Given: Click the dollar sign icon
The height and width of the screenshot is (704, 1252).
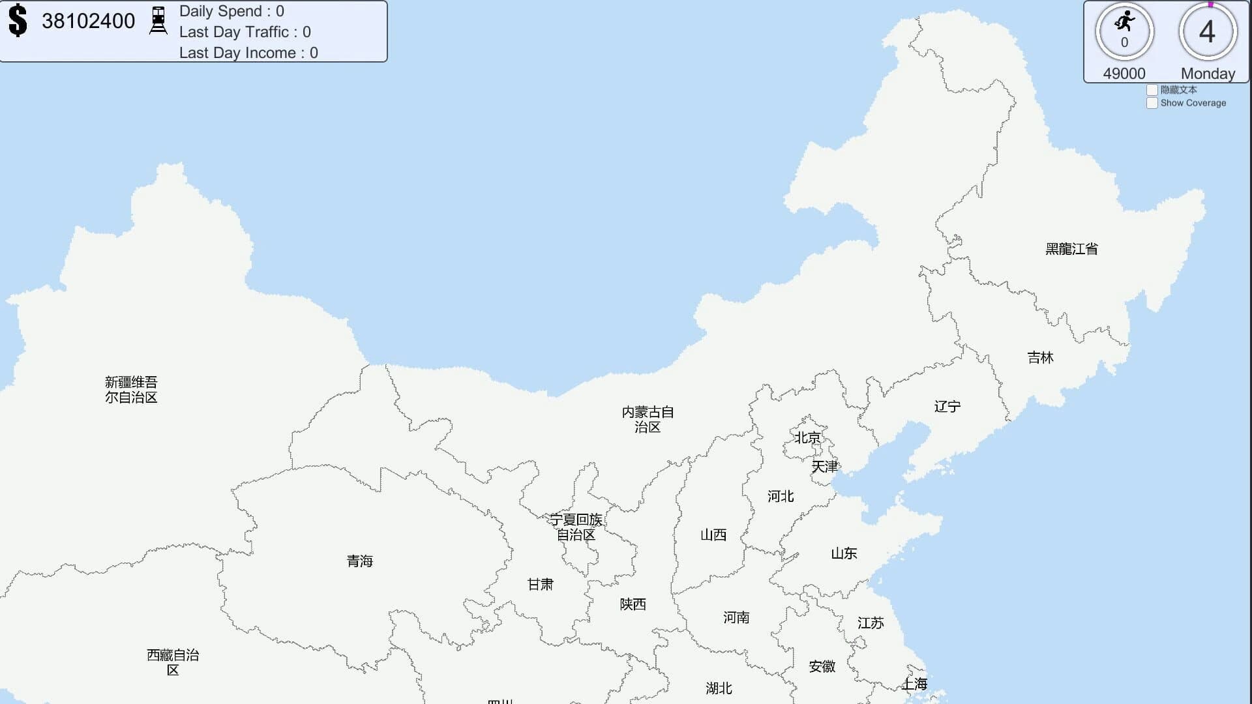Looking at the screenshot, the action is (18, 20).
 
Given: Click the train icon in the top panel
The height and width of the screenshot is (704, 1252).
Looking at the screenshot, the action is (158, 21).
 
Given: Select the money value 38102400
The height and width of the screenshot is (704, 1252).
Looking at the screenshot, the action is (88, 21).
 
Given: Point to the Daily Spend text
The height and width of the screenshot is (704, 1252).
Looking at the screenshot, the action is (231, 11).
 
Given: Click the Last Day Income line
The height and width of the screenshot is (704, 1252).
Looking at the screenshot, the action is (248, 53).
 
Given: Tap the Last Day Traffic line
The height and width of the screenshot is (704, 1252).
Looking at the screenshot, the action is (245, 32).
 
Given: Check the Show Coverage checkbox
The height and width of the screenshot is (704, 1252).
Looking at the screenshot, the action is (1152, 103).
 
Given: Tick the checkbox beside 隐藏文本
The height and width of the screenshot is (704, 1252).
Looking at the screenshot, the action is (1152, 90).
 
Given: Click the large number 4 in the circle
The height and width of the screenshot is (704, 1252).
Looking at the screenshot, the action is (1207, 31).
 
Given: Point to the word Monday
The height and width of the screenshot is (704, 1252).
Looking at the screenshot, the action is (1208, 74).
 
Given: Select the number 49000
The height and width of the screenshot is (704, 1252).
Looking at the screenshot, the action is (1124, 74).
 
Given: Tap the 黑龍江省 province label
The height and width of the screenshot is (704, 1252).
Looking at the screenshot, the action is (1071, 249).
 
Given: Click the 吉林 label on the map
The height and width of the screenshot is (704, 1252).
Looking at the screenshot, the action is (1040, 357).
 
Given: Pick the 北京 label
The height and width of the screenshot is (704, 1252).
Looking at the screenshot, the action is (807, 437).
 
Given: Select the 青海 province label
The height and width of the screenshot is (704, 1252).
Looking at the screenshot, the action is (359, 561).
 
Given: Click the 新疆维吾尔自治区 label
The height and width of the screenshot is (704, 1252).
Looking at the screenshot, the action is (131, 390).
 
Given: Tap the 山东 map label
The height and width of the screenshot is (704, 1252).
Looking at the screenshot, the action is (844, 553).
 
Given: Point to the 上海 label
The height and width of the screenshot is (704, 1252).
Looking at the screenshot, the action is (914, 684).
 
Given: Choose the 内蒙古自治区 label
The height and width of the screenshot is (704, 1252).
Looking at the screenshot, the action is (648, 419).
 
